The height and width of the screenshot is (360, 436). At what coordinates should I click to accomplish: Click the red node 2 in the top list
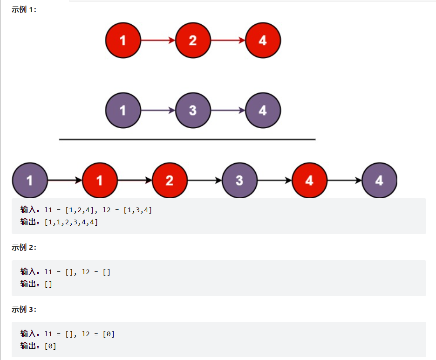(x=193, y=41)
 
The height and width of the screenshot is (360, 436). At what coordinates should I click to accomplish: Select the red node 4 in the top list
(x=263, y=41)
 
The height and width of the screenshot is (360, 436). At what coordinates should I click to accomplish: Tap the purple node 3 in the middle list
(x=193, y=111)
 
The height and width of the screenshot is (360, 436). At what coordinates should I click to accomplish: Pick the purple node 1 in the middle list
(x=123, y=111)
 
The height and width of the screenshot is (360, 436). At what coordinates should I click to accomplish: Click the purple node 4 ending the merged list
(x=379, y=180)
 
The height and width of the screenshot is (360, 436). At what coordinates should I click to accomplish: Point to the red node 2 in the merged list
(x=170, y=180)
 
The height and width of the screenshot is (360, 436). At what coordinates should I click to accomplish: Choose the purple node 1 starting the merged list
(x=30, y=180)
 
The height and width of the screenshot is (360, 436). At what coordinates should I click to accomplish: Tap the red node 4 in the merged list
(x=309, y=180)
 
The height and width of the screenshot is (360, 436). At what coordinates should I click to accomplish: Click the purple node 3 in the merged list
(x=239, y=180)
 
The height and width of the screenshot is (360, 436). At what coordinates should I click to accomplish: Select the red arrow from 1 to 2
(x=158, y=41)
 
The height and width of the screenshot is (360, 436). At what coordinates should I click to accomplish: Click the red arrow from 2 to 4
(x=228, y=41)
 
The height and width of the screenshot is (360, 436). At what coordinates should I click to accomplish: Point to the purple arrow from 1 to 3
(x=158, y=111)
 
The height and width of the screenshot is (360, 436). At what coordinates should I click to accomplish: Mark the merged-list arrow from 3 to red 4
(x=274, y=180)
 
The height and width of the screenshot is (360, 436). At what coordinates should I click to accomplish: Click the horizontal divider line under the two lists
(x=187, y=139)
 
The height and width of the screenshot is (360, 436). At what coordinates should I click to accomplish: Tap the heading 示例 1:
(x=24, y=10)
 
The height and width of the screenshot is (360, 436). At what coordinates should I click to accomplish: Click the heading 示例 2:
(x=24, y=248)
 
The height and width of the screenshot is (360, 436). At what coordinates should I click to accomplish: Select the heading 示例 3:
(x=24, y=309)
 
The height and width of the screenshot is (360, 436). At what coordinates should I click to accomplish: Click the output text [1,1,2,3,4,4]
(x=71, y=222)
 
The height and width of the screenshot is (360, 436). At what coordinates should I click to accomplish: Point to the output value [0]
(x=50, y=346)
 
